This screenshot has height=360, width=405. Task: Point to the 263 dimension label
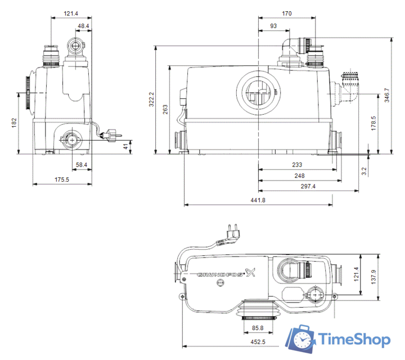click(164, 109)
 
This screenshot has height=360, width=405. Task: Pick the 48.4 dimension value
click(83, 26)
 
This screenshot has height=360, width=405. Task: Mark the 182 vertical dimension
click(15, 121)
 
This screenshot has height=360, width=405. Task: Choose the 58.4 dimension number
click(82, 165)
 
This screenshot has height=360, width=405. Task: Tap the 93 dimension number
click(273, 26)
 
